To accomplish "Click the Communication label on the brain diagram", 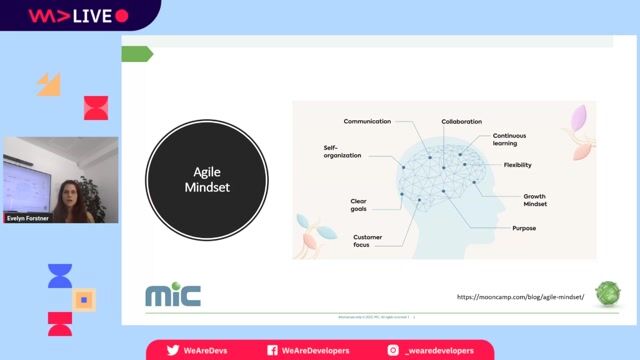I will click(x=367, y=122).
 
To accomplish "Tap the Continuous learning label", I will click(x=509, y=140).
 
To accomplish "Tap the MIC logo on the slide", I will click(x=172, y=295).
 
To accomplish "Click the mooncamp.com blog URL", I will click(x=520, y=297).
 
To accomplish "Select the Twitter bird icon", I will click(x=173, y=351).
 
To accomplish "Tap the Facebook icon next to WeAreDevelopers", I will click(x=272, y=351).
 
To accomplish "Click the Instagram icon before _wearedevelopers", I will click(x=394, y=351).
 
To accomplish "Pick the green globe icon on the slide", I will click(x=607, y=294).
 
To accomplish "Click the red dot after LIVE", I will click(x=122, y=16).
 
